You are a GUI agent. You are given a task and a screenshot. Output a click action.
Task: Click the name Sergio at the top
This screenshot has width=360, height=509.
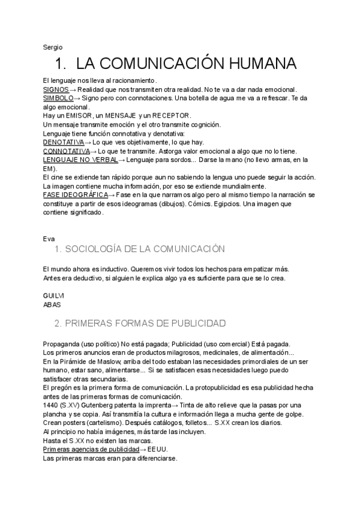53,47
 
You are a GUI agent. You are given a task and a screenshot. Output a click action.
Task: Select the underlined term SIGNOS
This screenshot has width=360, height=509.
56,89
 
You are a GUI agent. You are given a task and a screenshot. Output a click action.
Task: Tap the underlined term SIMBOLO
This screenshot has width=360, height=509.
58,98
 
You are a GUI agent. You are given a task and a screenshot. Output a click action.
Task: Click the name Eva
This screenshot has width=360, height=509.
49,238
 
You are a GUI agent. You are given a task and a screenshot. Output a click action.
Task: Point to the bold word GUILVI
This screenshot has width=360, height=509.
54,296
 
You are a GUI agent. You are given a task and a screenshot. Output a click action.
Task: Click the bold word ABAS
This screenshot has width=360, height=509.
52,305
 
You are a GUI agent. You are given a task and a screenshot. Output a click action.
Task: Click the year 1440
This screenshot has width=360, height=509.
51,406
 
